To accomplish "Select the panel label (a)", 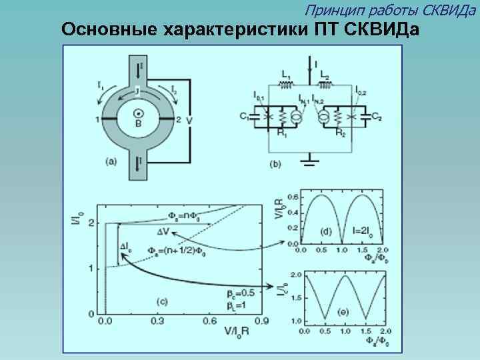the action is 111,160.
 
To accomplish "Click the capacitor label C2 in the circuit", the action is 377,117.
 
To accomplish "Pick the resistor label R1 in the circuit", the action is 282,133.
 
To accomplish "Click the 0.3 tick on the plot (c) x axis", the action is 158,321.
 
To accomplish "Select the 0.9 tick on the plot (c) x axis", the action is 262,321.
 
